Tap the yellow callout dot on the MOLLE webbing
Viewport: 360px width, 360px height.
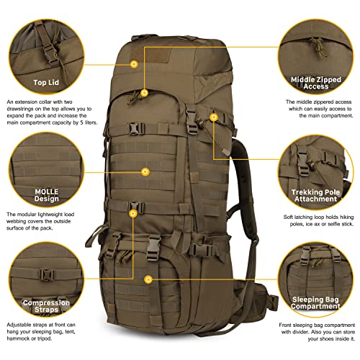[x=146, y=171]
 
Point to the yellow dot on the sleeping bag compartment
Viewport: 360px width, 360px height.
[x=149, y=279]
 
